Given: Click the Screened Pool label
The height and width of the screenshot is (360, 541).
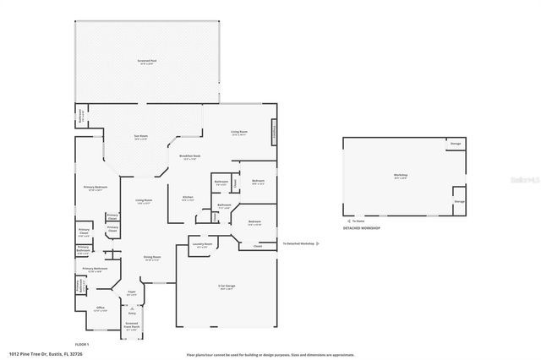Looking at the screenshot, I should pos(149,62).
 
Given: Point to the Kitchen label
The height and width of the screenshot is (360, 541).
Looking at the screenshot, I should pos(188,199).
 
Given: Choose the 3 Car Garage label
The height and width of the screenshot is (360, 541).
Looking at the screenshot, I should pos(226,287).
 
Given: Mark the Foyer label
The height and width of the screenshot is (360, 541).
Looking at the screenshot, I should pos(132,293).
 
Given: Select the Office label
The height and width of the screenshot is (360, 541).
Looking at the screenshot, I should pos(100,309).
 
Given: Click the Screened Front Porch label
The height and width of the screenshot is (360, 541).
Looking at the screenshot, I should pos(132,325).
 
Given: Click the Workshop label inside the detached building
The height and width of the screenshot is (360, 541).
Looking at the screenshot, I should pos(400,177).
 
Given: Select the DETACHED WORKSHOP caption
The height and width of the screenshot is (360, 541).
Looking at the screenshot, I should pos(361,228).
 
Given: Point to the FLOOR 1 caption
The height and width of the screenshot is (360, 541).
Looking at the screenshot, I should pos(82,344).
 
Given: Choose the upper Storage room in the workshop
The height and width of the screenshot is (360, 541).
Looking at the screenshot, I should pos(455,145).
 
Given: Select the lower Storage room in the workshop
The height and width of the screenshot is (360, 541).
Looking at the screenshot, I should pos(459,202).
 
